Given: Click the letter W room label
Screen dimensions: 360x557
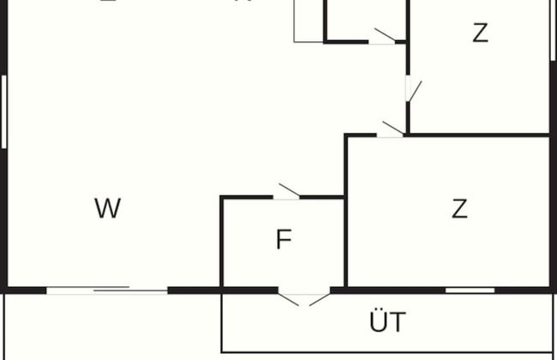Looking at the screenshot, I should click(x=107, y=208).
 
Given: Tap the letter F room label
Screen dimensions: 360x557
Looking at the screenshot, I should click(x=284, y=241).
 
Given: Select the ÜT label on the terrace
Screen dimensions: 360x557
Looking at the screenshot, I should click(x=387, y=323).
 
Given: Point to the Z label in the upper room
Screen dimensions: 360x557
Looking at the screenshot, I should click(x=480, y=33).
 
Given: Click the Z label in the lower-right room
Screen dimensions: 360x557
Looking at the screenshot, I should click(x=460, y=208).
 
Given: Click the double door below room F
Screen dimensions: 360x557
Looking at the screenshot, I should click(x=304, y=297).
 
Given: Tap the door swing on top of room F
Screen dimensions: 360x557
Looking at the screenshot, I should click(x=287, y=192).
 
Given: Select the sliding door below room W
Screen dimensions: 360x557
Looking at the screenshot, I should click(x=107, y=291).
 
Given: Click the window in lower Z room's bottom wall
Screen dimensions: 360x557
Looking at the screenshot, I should click(x=470, y=291).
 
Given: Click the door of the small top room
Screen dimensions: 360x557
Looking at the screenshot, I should click(x=382, y=37).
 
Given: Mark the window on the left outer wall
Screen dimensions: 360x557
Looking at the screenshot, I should click(x=4, y=111).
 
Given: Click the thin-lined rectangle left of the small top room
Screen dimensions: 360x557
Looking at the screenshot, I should click(x=308, y=21).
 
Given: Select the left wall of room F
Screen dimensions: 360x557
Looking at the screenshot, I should click(x=222, y=244).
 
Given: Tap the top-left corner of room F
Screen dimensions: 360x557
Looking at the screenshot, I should click(x=223, y=198).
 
